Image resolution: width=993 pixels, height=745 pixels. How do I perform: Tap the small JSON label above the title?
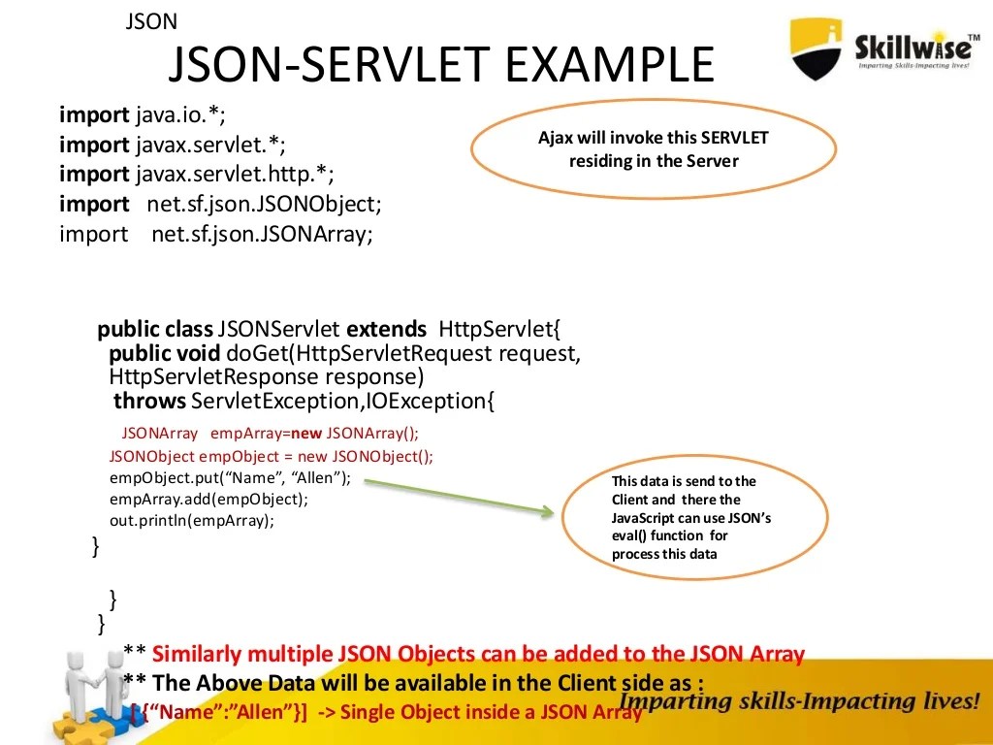pyautogui.click(x=151, y=21)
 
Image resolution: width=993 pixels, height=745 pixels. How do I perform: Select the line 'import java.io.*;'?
pyautogui.click(x=143, y=115)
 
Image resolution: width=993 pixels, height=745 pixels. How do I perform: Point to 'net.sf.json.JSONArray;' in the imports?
pyautogui.click(x=262, y=234)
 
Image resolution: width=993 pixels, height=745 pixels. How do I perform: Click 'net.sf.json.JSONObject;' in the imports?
pyautogui.click(x=265, y=204)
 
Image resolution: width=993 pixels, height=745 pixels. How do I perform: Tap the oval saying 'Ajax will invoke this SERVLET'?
pyautogui.click(x=653, y=149)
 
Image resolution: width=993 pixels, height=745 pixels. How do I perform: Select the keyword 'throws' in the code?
pyautogui.click(x=149, y=401)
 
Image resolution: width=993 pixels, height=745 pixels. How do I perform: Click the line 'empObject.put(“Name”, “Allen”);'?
pyautogui.click(x=230, y=477)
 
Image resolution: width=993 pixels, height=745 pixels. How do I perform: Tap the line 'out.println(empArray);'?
pyautogui.click(x=192, y=520)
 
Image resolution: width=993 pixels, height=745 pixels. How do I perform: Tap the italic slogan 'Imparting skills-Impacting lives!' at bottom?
pyautogui.click(x=798, y=701)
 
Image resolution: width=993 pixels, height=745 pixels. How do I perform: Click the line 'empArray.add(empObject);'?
pyautogui.click(x=208, y=499)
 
